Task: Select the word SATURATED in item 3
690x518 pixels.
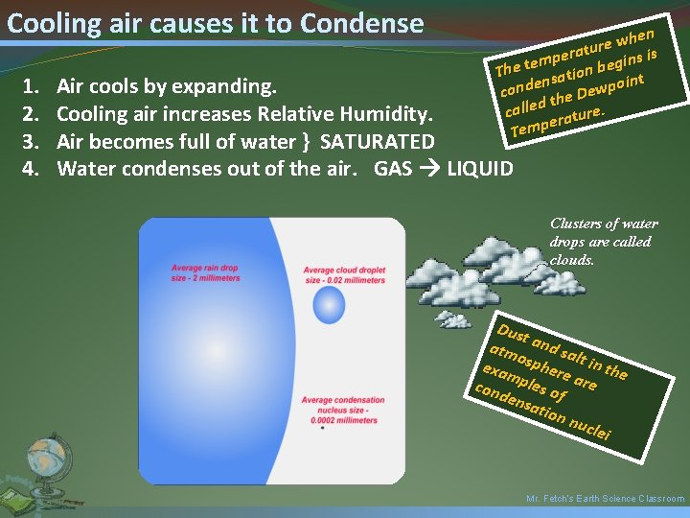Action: click(377, 142)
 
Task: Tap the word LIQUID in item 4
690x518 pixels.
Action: click(480, 170)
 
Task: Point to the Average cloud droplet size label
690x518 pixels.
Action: click(344, 275)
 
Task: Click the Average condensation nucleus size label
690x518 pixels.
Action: click(343, 410)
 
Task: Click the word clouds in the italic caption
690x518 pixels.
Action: click(574, 259)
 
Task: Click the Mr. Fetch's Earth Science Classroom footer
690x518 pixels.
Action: click(606, 499)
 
